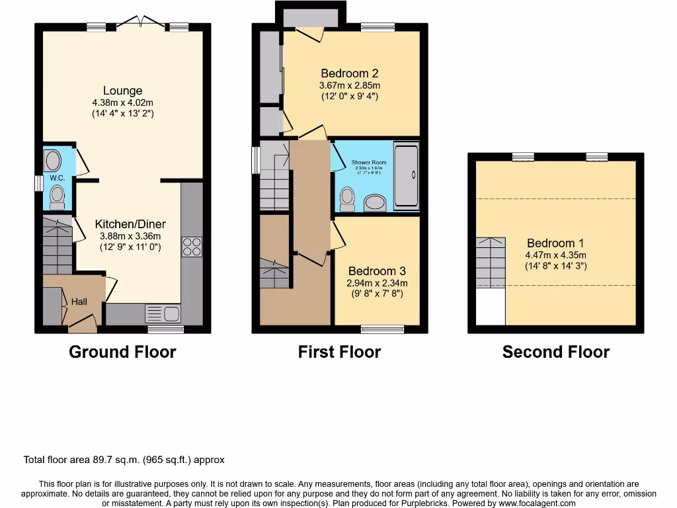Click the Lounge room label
click(122, 91)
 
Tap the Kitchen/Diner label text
click(130, 224)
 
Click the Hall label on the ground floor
click(79, 302)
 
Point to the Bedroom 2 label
click(349, 73)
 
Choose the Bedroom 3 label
click(376, 271)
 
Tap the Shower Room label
click(368, 162)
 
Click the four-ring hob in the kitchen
click(192, 247)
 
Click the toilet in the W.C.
click(57, 196)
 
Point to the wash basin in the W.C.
click(53, 160)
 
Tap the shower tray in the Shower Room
click(406, 175)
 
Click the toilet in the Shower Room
click(348, 197)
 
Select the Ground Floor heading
click(122, 352)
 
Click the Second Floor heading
click(555, 352)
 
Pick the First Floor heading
click(339, 352)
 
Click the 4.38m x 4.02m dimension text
click(122, 103)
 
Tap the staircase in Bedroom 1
click(490, 262)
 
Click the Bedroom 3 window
click(382, 329)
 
